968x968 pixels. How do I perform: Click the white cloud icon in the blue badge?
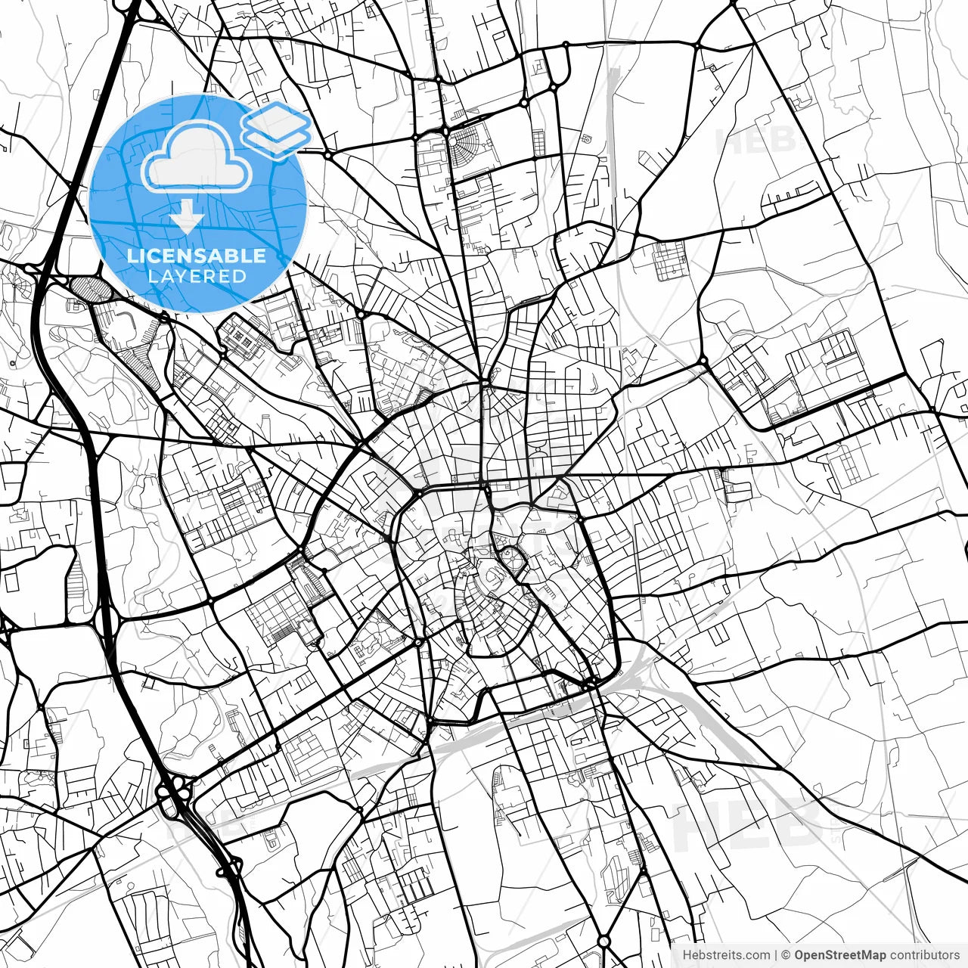point(197,159)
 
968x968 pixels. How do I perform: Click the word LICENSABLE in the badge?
point(197,256)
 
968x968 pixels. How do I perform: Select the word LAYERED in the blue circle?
point(197,276)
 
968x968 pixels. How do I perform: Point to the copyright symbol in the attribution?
point(786,955)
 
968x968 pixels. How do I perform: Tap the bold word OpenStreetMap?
point(839,955)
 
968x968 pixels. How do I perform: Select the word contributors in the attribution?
point(924,955)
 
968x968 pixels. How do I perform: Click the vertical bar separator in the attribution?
point(777,955)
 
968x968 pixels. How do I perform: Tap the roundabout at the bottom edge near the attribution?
point(603,942)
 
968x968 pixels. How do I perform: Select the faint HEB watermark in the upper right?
point(756,140)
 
